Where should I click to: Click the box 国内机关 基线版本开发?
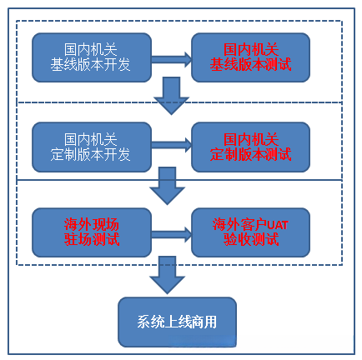[92, 57]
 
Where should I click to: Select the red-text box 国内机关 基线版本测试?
[251, 57]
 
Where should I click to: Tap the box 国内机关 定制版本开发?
[92, 147]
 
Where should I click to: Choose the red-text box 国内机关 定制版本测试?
[251, 147]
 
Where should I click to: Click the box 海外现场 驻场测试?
[92, 232]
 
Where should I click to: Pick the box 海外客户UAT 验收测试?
[251, 232]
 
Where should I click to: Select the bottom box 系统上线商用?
[176, 322]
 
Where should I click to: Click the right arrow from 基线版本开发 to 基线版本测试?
[171, 58]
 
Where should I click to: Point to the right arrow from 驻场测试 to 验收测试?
[171, 233]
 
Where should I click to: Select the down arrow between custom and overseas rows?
[168, 185]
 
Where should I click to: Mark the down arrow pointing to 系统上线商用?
[168, 274]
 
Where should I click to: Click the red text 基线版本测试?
[251, 65]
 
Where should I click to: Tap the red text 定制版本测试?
[251, 154]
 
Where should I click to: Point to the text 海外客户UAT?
[251, 224]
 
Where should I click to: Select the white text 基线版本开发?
[92, 65]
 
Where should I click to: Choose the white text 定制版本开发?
[92, 154]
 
